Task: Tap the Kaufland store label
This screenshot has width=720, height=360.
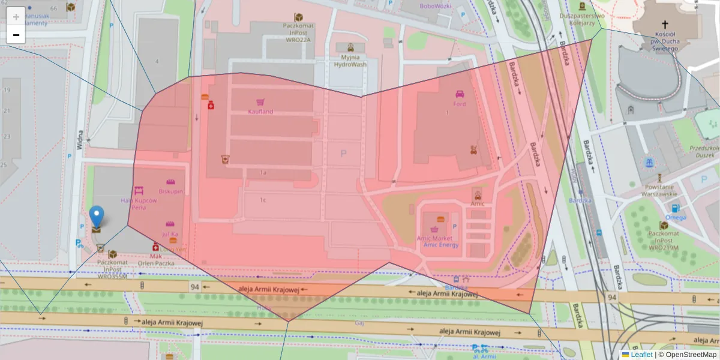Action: [260, 112]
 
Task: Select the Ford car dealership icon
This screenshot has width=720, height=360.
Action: [460, 94]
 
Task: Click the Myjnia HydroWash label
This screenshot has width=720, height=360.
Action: [350, 61]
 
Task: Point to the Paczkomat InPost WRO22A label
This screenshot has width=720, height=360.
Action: [298, 32]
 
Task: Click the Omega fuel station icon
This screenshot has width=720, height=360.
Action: [676, 209]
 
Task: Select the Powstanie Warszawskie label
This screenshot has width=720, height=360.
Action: [659, 190]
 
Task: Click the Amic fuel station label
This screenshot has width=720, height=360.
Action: [478, 203]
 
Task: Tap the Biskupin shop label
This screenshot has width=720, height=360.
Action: [171, 191]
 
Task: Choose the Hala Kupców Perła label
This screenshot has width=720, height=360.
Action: [139, 204]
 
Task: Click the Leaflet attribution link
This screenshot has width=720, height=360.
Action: [641, 355]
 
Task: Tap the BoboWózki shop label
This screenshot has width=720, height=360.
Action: [436, 6]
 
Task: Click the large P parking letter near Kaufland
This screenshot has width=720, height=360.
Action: [343, 154]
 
